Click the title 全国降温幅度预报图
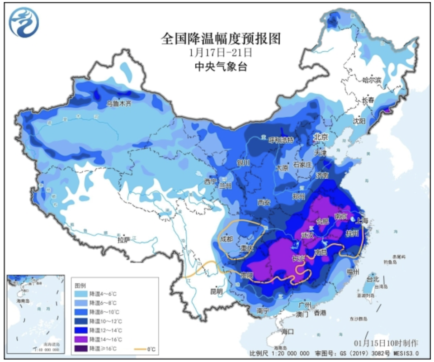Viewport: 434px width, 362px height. tap(221, 39)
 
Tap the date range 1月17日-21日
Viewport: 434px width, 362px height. tap(221, 52)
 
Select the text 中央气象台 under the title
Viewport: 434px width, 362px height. tap(221, 67)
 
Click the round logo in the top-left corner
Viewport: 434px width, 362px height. tap(24, 23)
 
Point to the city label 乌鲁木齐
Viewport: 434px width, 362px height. tap(118, 103)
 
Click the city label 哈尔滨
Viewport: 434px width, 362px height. tap(372, 80)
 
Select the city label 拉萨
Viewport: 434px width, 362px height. tap(123, 239)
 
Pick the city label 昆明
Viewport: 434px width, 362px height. tap(217, 291)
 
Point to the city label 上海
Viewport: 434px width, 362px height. tap(362, 221)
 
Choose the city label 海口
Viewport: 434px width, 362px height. tap(288, 332)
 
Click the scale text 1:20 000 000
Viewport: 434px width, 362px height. tap(288, 353)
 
